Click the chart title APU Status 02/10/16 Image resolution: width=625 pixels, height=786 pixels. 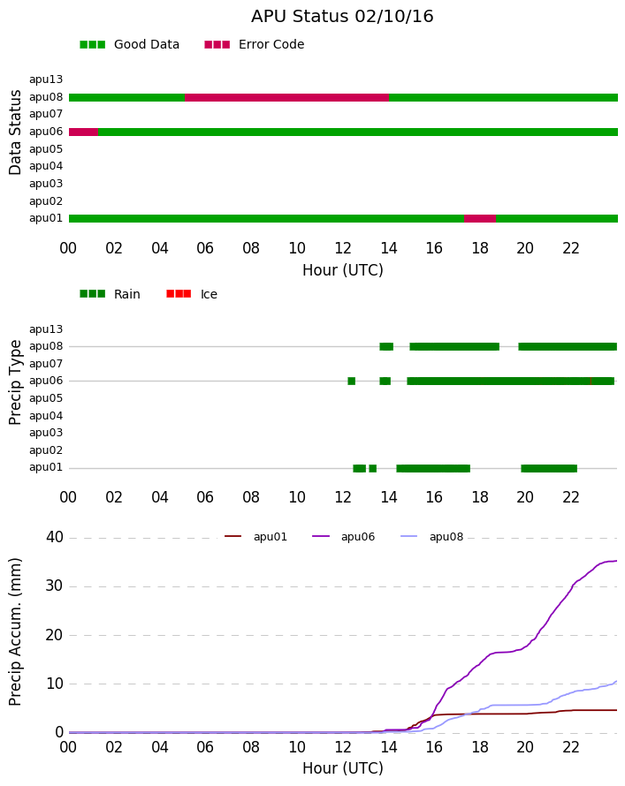342,17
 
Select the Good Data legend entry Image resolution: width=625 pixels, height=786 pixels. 129,45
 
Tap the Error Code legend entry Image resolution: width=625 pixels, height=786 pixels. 255,45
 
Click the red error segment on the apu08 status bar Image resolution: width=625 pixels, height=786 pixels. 286,97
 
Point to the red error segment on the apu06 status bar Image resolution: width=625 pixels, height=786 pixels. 83,132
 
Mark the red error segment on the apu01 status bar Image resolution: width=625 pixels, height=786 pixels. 480,218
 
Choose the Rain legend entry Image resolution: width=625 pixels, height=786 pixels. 110,294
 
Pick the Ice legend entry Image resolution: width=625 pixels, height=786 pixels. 192,294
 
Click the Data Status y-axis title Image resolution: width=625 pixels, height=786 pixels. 15,132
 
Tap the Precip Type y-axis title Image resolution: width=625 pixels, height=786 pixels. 15,382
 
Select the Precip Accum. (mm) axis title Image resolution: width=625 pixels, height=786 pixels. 15,632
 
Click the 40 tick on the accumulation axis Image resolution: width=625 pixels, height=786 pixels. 55,537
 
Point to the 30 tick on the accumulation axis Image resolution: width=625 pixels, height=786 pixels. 55,586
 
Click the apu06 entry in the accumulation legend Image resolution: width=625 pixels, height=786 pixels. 344,537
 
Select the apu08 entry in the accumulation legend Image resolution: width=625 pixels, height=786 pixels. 432,537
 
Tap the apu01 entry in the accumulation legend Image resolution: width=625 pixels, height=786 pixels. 255,537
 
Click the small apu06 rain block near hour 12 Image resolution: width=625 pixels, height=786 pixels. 352,381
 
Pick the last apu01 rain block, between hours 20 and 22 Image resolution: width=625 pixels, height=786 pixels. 549,469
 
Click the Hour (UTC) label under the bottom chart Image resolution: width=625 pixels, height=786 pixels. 343,768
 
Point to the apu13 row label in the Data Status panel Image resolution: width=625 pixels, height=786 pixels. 46,79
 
